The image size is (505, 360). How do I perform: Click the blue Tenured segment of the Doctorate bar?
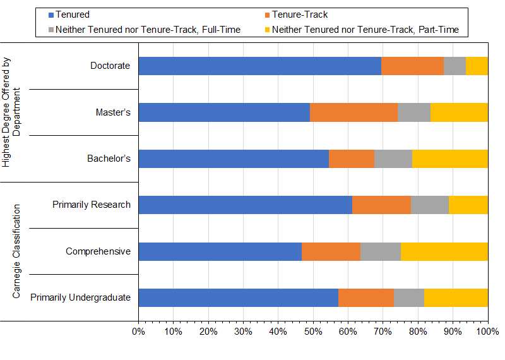259,66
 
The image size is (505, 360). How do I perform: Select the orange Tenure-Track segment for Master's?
353,112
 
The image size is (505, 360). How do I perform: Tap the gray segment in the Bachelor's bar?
393,159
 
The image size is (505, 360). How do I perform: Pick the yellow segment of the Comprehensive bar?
444,251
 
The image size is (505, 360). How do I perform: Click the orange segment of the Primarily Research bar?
381,205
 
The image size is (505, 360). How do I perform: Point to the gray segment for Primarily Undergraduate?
408,297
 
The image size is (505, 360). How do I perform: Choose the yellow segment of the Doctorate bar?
477,66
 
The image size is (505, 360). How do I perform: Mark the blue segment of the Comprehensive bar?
220,251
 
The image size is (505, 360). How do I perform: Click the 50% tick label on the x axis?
313,332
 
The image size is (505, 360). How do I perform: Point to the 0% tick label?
138,332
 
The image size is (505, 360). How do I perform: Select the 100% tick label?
487,332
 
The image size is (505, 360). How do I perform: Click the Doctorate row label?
110,66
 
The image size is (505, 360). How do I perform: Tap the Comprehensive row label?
98,251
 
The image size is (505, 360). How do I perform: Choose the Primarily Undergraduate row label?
80,297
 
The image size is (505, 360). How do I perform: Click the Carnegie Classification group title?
17,251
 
